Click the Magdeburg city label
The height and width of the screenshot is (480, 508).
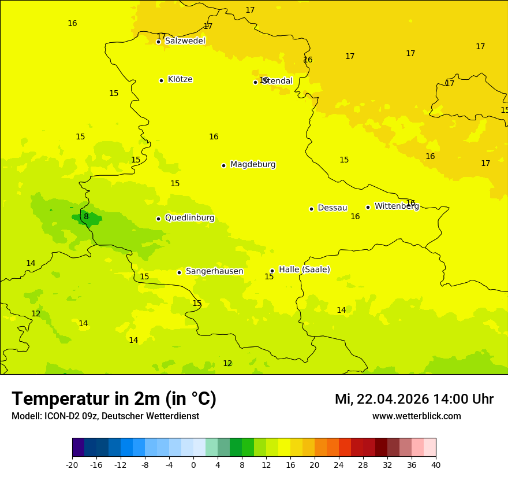pos(253,165)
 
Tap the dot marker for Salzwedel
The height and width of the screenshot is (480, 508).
pos(158,42)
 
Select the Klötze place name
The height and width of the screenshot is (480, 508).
pos(180,79)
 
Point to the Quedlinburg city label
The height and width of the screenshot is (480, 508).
pos(189,218)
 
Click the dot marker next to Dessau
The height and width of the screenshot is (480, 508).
pos(311,209)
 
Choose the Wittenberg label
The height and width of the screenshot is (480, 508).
pos(397,206)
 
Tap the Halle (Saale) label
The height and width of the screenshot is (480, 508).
pos(304,269)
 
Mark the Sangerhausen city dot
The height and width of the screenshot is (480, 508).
pos(179,272)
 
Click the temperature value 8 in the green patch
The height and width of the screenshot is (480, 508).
pos(86,217)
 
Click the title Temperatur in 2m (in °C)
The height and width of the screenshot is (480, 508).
pos(114,398)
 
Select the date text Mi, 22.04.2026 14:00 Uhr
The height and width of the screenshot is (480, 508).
pos(414,399)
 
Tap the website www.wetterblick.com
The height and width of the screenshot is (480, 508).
pos(416,416)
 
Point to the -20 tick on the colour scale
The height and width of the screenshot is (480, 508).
pos(72,464)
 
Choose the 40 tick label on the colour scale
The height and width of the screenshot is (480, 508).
pos(436,464)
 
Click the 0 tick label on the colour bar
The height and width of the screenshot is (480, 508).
pos(193,464)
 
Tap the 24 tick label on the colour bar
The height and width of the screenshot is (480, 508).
pos(339,464)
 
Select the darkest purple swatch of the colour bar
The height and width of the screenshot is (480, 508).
pos(78,448)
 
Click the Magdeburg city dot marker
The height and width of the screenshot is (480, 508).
pos(223,165)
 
